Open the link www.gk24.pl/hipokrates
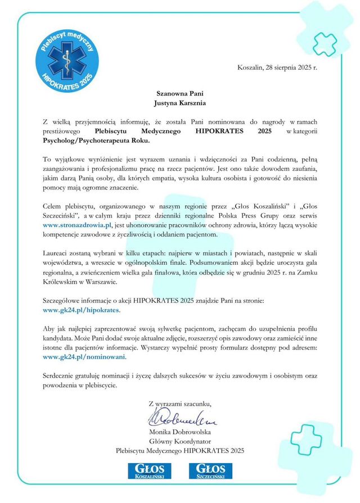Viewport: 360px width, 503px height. coord(82,309)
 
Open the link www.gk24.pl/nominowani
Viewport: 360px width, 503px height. coord(84,356)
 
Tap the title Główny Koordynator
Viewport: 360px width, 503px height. coord(180,441)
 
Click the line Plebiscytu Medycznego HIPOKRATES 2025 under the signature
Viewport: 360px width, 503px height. coord(180,451)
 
